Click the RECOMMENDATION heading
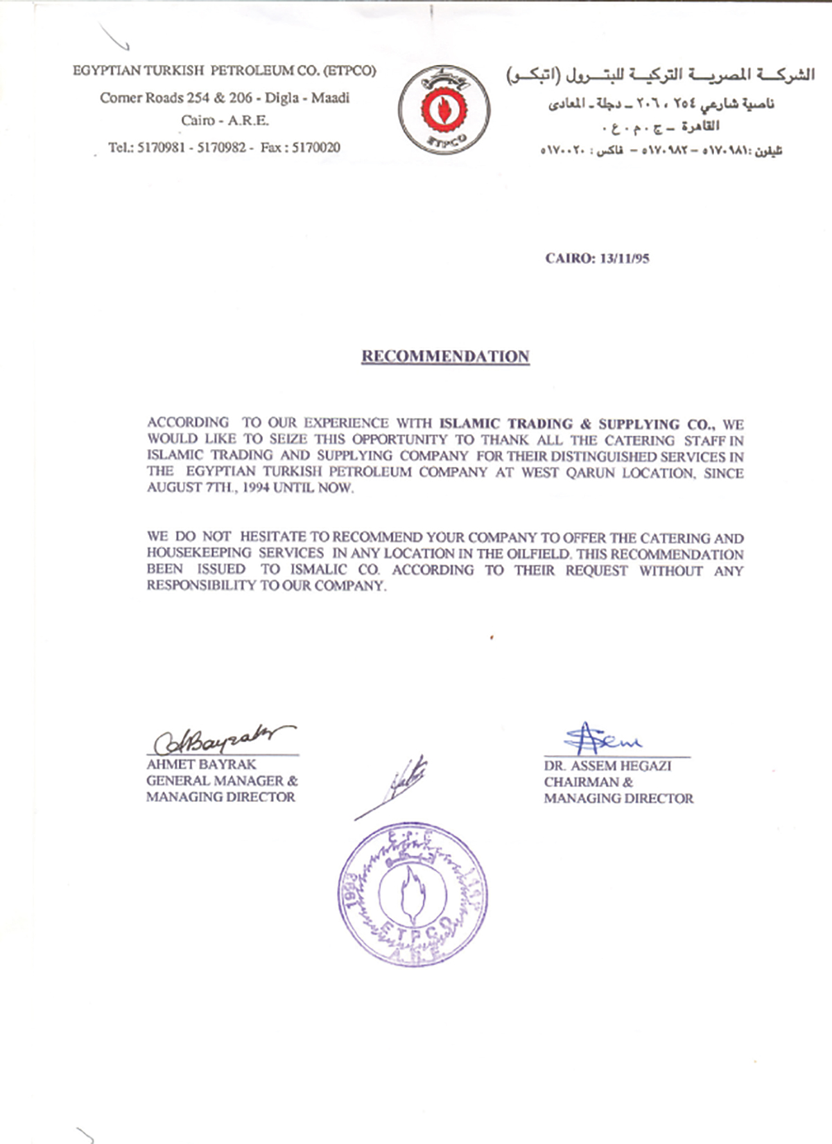pyautogui.click(x=445, y=356)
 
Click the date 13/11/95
pyautogui.click(x=623, y=258)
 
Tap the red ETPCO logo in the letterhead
pyautogui.click(x=444, y=109)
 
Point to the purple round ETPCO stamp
pyautogui.click(x=413, y=894)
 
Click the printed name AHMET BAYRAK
pyautogui.click(x=201, y=764)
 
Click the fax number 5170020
pyautogui.click(x=316, y=148)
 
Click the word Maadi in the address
pyautogui.click(x=330, y=98)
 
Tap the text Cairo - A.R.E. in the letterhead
pyautogui.click(x=225, y=121)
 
